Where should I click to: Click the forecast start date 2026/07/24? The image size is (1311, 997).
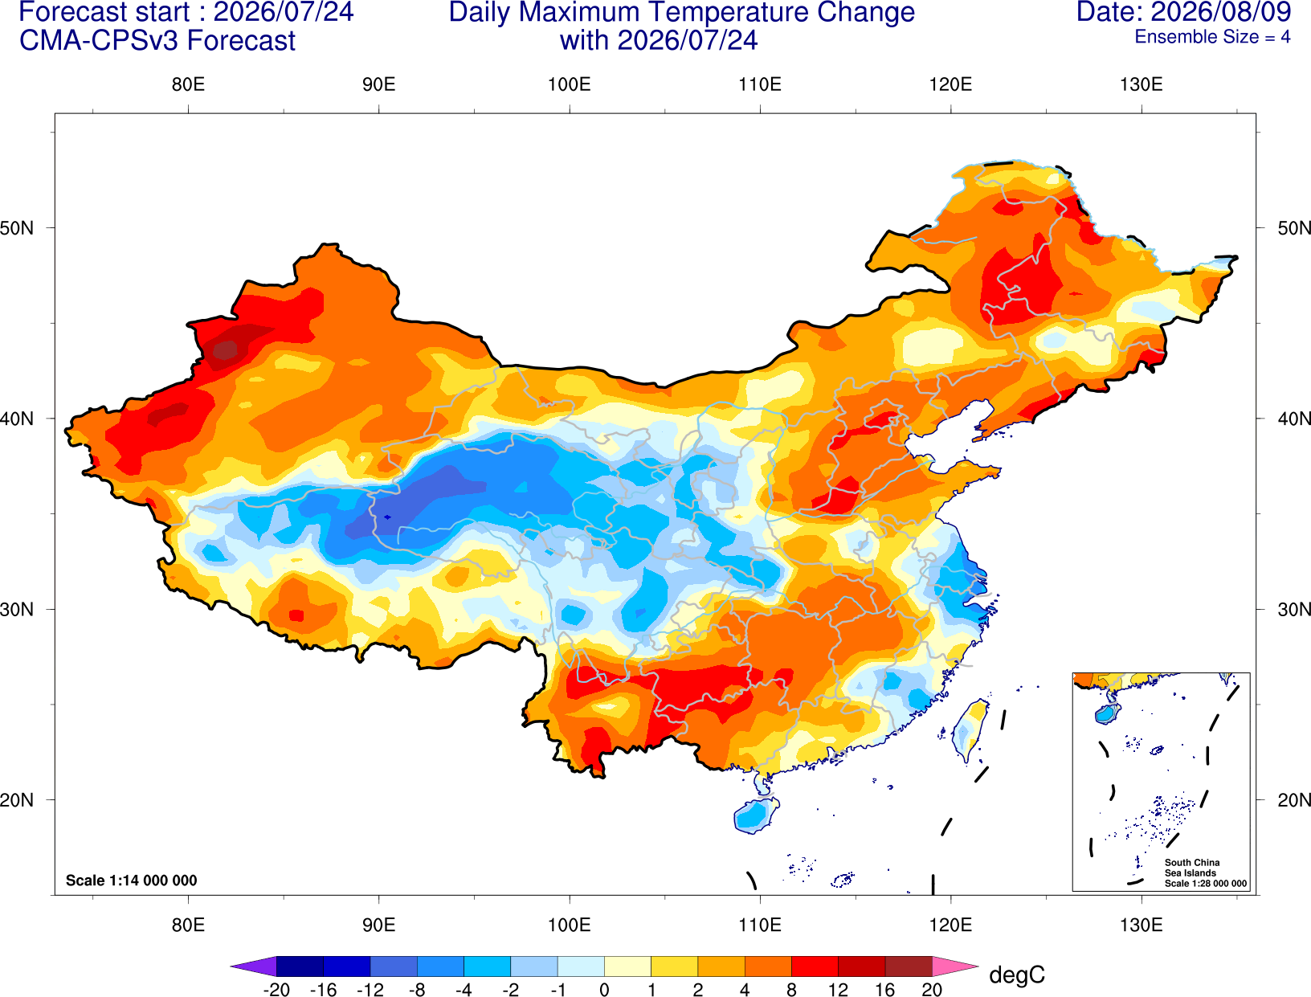click(283, 12)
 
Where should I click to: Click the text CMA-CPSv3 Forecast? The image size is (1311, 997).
click(157, 41)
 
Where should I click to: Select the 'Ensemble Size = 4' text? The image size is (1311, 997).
click(1212, 37)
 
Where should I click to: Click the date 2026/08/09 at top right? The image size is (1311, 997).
click(1221, 12)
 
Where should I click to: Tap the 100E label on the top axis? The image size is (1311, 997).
click(570, 84)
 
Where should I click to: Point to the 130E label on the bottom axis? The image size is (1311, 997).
click(1141, 925)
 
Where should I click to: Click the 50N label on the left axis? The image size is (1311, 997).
click(17, 227)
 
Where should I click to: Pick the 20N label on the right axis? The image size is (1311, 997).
click(1293, 800)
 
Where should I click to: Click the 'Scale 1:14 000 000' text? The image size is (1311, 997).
click(132, 881)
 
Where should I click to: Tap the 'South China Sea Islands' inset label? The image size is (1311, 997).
click(1192, 868)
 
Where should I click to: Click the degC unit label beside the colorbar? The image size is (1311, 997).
click(1017, 975)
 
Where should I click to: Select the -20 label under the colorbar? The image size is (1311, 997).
click(276, 990)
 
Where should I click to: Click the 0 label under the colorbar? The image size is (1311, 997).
click(604, 990)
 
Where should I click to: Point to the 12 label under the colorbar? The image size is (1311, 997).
click(838, 990)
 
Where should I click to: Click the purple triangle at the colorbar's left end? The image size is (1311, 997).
click(254, 966)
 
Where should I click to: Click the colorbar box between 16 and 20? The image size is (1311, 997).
click(909, 966)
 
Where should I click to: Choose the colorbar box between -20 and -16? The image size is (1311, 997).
click(300, 966)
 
